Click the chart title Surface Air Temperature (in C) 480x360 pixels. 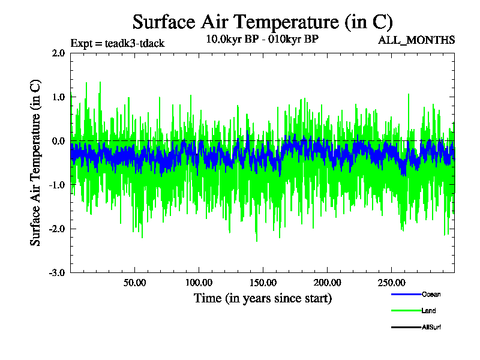262,22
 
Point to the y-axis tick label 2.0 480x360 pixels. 58,53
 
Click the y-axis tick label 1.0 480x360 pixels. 58,97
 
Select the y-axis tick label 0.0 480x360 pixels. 58,141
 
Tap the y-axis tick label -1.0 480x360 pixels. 57,185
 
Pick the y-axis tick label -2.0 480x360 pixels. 57,229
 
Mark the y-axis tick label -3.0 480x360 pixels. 57,272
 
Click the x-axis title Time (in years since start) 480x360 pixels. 262,298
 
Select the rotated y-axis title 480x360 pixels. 36,162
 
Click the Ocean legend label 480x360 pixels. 431,294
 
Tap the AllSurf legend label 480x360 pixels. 431,327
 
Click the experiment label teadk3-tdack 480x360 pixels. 118,43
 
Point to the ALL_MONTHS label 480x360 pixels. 416,40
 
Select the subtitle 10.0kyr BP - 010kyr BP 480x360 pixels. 262,40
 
